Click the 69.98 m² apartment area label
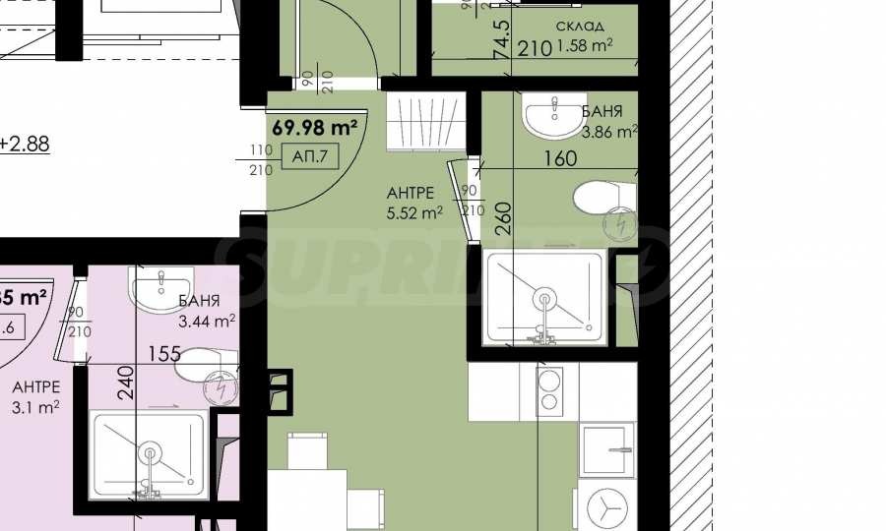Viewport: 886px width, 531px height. (314, 127)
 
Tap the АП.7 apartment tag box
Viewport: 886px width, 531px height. (314, 154)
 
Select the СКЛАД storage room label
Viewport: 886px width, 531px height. (580, 26)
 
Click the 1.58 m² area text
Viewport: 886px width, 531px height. (585, 44)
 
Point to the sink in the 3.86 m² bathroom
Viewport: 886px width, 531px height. (554, 117)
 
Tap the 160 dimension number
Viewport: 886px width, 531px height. (559, 160)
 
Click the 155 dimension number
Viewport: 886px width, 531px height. (164, 352)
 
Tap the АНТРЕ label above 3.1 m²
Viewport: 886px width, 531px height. (36, 386)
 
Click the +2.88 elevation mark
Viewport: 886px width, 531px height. (24, 144)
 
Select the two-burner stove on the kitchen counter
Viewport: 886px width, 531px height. (548, 391)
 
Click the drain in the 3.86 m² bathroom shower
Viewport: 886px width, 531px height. (543, 298)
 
